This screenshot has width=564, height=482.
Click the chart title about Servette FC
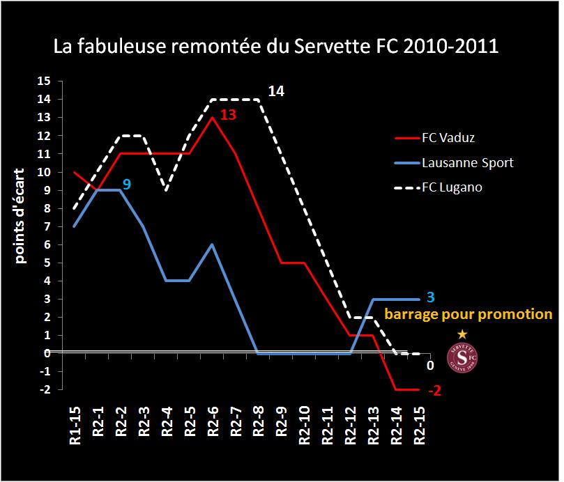[277, 47]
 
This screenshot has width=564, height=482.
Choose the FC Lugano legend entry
[452, 188]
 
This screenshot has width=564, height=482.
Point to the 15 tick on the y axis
[44, 81]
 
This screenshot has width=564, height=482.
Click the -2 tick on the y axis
[44, 389]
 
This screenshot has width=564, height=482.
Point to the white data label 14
[275, 91]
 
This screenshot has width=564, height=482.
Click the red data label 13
[228, 115]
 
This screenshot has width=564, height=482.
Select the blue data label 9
[126, 185]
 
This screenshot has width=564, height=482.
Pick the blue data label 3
[430, 297]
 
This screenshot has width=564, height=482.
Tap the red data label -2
[434, 391]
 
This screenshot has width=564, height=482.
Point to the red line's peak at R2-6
[212, 118]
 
